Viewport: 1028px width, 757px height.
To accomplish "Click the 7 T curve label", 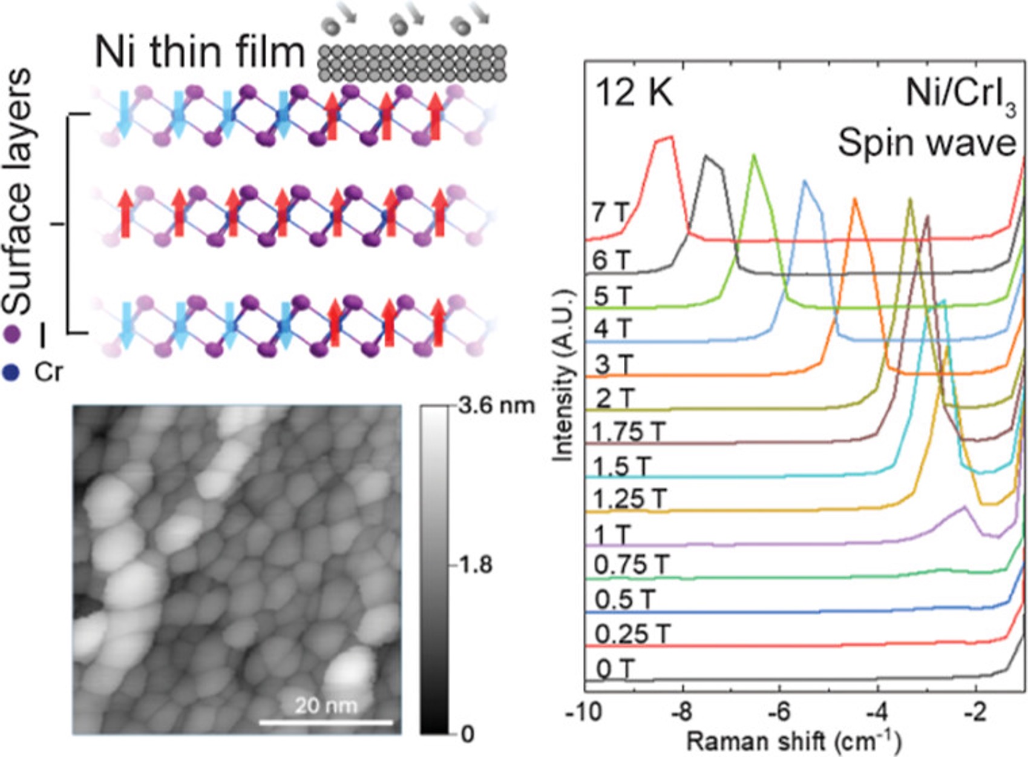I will [611, 213].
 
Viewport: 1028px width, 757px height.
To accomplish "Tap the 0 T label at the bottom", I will [615, 670].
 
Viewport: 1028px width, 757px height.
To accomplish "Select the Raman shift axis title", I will [793, 740].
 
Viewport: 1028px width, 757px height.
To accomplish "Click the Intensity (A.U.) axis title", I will [563, 375].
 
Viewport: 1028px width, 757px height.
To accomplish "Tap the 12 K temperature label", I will [633, 94].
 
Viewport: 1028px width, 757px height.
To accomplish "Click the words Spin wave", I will [926, 144].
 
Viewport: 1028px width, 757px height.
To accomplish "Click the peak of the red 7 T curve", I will [664, 139].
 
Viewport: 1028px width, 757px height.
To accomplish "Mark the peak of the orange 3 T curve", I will [855, 199].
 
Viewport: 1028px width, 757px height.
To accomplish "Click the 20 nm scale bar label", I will [326, 706].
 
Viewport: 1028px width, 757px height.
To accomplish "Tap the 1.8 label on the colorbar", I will [476, 565].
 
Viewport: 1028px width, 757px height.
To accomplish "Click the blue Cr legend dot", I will [11, 372].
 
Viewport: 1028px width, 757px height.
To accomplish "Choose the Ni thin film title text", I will [200, 53].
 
